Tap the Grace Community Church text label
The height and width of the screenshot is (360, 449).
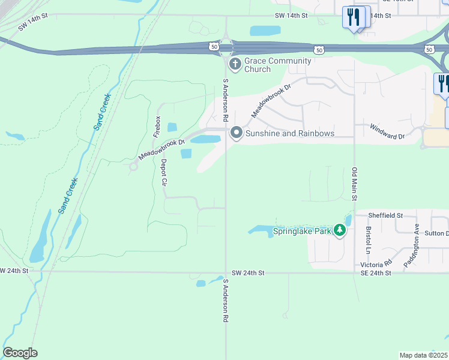tap(277, 65)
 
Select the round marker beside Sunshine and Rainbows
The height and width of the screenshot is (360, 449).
tap(237, 133)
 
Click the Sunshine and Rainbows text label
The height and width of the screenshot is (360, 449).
tap(289, 133)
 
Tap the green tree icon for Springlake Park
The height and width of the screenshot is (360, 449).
tap(340, 230)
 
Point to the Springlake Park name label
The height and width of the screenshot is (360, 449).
tap(303, 231)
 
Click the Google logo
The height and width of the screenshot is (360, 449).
tap(20, 353)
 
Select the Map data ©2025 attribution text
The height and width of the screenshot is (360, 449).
tap(423, 355)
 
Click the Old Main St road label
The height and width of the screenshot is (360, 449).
tap(355, 184)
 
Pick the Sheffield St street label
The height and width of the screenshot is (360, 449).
tap(385, 215)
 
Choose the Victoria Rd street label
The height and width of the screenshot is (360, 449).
tap(376, 263)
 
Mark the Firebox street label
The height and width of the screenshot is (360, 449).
tap(158, 126)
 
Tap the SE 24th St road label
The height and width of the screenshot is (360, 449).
tap(376, 273)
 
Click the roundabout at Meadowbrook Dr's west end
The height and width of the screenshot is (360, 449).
tap(133, 166)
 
